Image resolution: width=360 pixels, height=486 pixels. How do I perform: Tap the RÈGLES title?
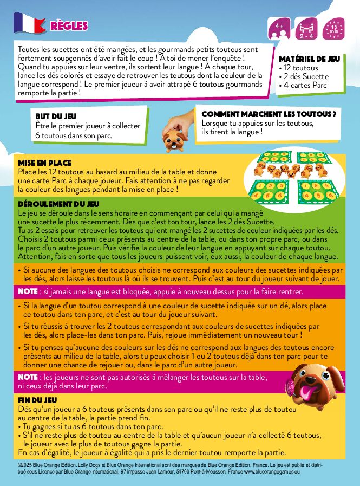point(69,26)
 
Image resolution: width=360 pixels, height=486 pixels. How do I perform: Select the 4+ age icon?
point(279,28)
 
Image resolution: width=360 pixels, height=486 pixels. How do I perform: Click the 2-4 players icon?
point(306,28)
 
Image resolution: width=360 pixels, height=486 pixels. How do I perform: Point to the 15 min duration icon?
point(333,28)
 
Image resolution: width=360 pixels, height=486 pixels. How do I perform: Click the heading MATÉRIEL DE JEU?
point(309,59)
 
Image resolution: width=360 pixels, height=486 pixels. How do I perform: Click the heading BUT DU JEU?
point(56,116)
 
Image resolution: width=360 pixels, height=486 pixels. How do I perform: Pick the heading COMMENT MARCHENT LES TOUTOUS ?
point(269,114)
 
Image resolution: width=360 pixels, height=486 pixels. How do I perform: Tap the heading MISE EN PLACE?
point(44,163)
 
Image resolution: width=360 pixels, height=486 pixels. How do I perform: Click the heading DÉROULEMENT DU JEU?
point(58,204)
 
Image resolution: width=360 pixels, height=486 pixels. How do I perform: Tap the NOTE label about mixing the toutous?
point(28,377)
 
